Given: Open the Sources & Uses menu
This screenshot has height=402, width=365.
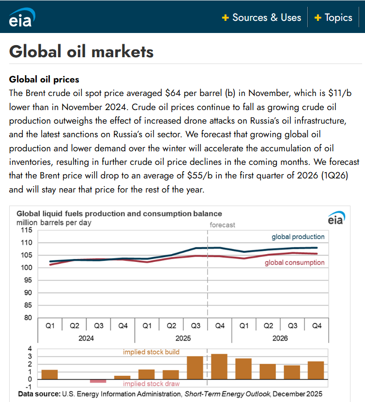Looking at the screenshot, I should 261,17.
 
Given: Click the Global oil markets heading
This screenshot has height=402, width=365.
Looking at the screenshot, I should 81,51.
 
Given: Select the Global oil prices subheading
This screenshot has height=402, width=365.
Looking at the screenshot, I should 44,79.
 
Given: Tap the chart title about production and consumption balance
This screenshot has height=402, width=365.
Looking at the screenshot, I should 119,213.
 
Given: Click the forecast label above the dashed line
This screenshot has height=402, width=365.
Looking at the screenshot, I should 222,225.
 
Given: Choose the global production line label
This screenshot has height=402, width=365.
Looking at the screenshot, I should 298,237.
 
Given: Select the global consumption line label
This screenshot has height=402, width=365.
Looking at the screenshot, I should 294,262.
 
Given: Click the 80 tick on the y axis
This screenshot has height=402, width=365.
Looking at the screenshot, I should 29,318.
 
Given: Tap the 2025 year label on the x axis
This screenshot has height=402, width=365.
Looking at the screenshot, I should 183,338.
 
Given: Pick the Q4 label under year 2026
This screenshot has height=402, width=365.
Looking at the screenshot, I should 317,326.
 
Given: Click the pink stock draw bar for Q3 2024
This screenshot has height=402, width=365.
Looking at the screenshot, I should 98,381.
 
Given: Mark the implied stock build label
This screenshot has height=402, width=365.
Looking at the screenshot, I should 151,352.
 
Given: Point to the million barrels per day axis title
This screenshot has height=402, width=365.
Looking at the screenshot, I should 54,223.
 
